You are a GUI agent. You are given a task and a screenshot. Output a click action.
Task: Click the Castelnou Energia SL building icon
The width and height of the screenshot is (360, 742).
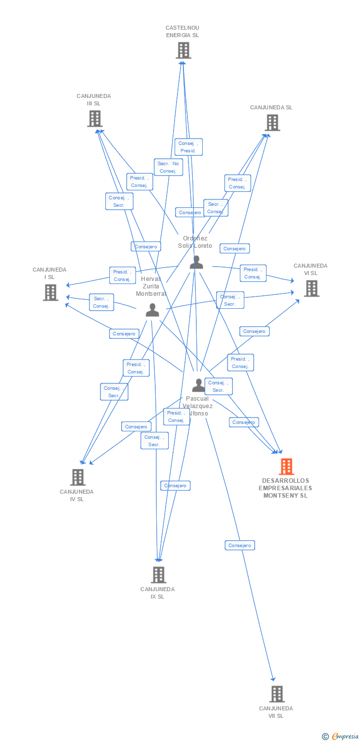click(183, 50)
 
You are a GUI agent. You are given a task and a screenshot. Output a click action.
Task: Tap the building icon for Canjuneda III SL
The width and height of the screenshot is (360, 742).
click(94, 119)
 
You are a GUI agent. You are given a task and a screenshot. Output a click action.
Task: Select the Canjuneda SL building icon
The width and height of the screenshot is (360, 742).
click(272, 123)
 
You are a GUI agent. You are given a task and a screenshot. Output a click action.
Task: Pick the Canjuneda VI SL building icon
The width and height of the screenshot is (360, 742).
click(311, 288)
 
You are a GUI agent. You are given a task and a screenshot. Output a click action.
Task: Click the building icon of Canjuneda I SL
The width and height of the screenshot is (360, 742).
click(50, 292)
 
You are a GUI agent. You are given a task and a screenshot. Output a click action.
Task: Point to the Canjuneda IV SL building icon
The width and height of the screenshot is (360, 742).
click(78, 477)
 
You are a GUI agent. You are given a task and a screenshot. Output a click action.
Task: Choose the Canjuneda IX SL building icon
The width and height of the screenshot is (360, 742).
click(158, 575)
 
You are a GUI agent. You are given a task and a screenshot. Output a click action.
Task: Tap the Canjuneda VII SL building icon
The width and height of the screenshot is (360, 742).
click(277, 694)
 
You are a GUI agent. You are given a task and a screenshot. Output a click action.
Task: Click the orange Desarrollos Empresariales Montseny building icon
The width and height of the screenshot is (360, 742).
click(286, 466)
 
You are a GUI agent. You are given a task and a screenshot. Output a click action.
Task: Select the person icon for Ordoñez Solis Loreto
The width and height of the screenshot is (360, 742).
click(196, 263)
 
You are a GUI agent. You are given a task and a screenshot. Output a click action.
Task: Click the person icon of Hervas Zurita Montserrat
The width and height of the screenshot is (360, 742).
click(152, 310)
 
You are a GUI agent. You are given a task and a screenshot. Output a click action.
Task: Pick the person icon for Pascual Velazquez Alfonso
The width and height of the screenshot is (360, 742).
click(198, 385)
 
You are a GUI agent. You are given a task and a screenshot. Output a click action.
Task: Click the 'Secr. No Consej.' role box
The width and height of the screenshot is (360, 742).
click(168, 167)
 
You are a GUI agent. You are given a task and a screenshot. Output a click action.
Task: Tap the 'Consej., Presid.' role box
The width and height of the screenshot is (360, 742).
click(188, 147)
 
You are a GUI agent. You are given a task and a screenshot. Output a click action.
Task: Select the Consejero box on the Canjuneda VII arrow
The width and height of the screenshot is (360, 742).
click(240, 545)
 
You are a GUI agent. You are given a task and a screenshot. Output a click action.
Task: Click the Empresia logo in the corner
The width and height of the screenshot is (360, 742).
click(340, 736)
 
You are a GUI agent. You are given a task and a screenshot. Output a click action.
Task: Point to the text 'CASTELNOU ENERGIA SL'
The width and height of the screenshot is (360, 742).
click(182, 32)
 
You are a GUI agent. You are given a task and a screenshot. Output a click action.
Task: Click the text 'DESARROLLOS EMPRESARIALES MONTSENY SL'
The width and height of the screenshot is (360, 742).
click(285, 488)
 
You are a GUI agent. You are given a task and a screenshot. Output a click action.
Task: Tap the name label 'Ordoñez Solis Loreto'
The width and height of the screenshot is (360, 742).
click(195, 242)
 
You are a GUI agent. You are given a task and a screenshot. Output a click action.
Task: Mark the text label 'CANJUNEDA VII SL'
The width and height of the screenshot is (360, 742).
click(276, 712)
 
